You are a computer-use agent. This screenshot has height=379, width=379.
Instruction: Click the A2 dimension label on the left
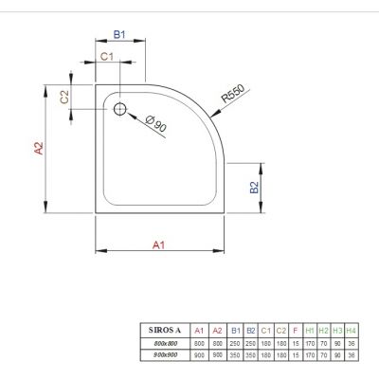click(39, 149)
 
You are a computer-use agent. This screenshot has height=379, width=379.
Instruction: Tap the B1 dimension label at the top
click(119, 34)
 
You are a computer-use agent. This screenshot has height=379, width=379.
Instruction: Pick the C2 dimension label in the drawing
click(64, 97)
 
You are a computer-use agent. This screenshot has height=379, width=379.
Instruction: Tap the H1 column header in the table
click(309, 329)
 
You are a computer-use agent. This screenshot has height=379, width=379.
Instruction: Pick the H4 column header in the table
click(351, 329)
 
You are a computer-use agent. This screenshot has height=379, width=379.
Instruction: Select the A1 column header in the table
click(198, 329)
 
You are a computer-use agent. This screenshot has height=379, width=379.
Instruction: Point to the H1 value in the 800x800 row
click(309, 341)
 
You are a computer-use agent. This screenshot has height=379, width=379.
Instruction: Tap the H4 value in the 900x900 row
click(351, 353)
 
